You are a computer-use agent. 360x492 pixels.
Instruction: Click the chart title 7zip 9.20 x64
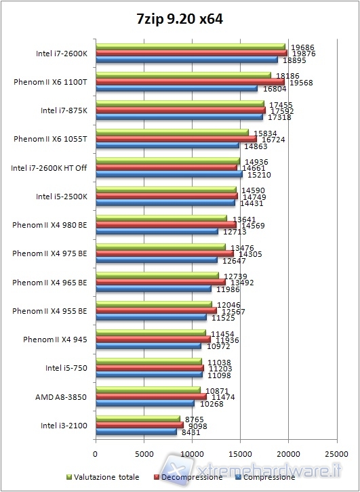coord(180,20)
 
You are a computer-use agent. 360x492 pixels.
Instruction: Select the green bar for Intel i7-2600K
coord(191,47)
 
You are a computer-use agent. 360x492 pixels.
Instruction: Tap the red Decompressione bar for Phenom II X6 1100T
coord(190,81)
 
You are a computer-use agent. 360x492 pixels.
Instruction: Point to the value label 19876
coord(302,54)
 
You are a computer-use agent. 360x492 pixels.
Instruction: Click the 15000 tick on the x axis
coord(240,453)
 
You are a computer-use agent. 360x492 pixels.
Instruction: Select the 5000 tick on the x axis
coord(144,453)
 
